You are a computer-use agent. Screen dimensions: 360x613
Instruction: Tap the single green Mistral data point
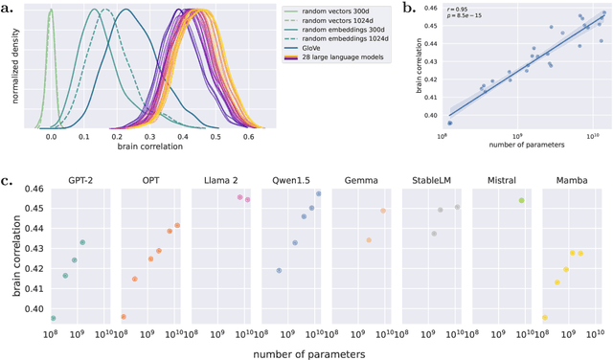(521, 200)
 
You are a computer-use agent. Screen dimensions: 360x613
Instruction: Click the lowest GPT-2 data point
(53, 318)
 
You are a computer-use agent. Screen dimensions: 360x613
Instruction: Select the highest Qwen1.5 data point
(319, 193)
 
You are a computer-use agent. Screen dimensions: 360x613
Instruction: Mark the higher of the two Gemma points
(382, 211)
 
